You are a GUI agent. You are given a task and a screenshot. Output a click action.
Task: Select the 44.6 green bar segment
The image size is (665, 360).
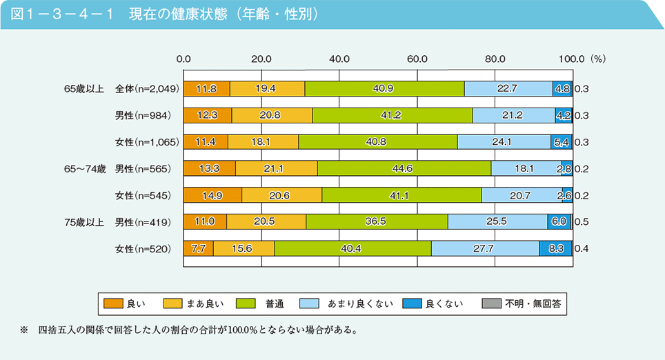click(x=404, y=168)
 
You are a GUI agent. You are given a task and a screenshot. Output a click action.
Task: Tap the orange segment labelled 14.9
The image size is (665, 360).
click(x=212, y=195)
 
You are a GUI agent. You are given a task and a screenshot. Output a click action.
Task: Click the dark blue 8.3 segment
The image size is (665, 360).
click(x=555, y=248)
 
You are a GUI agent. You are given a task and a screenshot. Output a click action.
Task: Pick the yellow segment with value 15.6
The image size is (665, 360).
click(x=244, y=248)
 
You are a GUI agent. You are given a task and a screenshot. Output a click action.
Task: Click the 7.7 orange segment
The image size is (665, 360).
click(x=198, y=248)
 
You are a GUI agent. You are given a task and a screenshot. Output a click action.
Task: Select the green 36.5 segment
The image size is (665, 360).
click(x=377, y=221)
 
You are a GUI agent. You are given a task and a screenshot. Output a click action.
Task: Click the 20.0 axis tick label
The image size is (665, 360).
click(x=261, y=59)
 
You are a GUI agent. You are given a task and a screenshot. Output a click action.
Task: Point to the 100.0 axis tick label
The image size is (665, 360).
click(x=572, y=59)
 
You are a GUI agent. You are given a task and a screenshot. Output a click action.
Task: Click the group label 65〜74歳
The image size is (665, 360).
click(x=85, y=168)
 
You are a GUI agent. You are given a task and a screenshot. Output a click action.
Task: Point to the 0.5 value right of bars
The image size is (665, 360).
click(x=581, y=222)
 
